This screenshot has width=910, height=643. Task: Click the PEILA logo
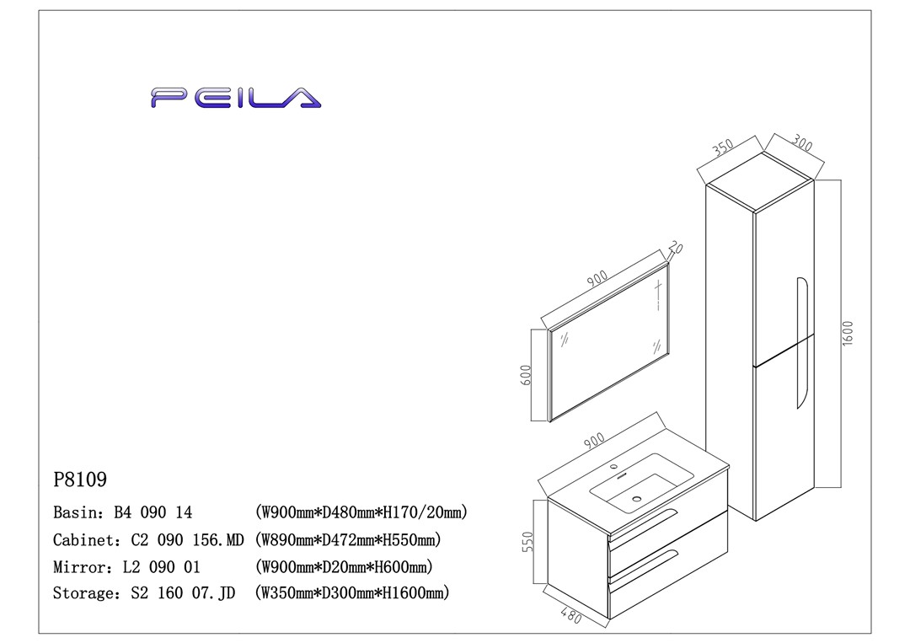coord(236,98)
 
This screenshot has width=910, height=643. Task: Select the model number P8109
coord(80,480)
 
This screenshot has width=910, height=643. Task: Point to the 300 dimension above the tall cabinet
coord(802,145)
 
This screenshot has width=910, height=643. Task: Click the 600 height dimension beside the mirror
coord(526,376)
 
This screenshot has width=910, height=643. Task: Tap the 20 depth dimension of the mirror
coord(675,249)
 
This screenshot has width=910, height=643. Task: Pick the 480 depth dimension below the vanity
coord(570,615)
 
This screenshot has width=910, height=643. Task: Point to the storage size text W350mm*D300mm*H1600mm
coord(351,593)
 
